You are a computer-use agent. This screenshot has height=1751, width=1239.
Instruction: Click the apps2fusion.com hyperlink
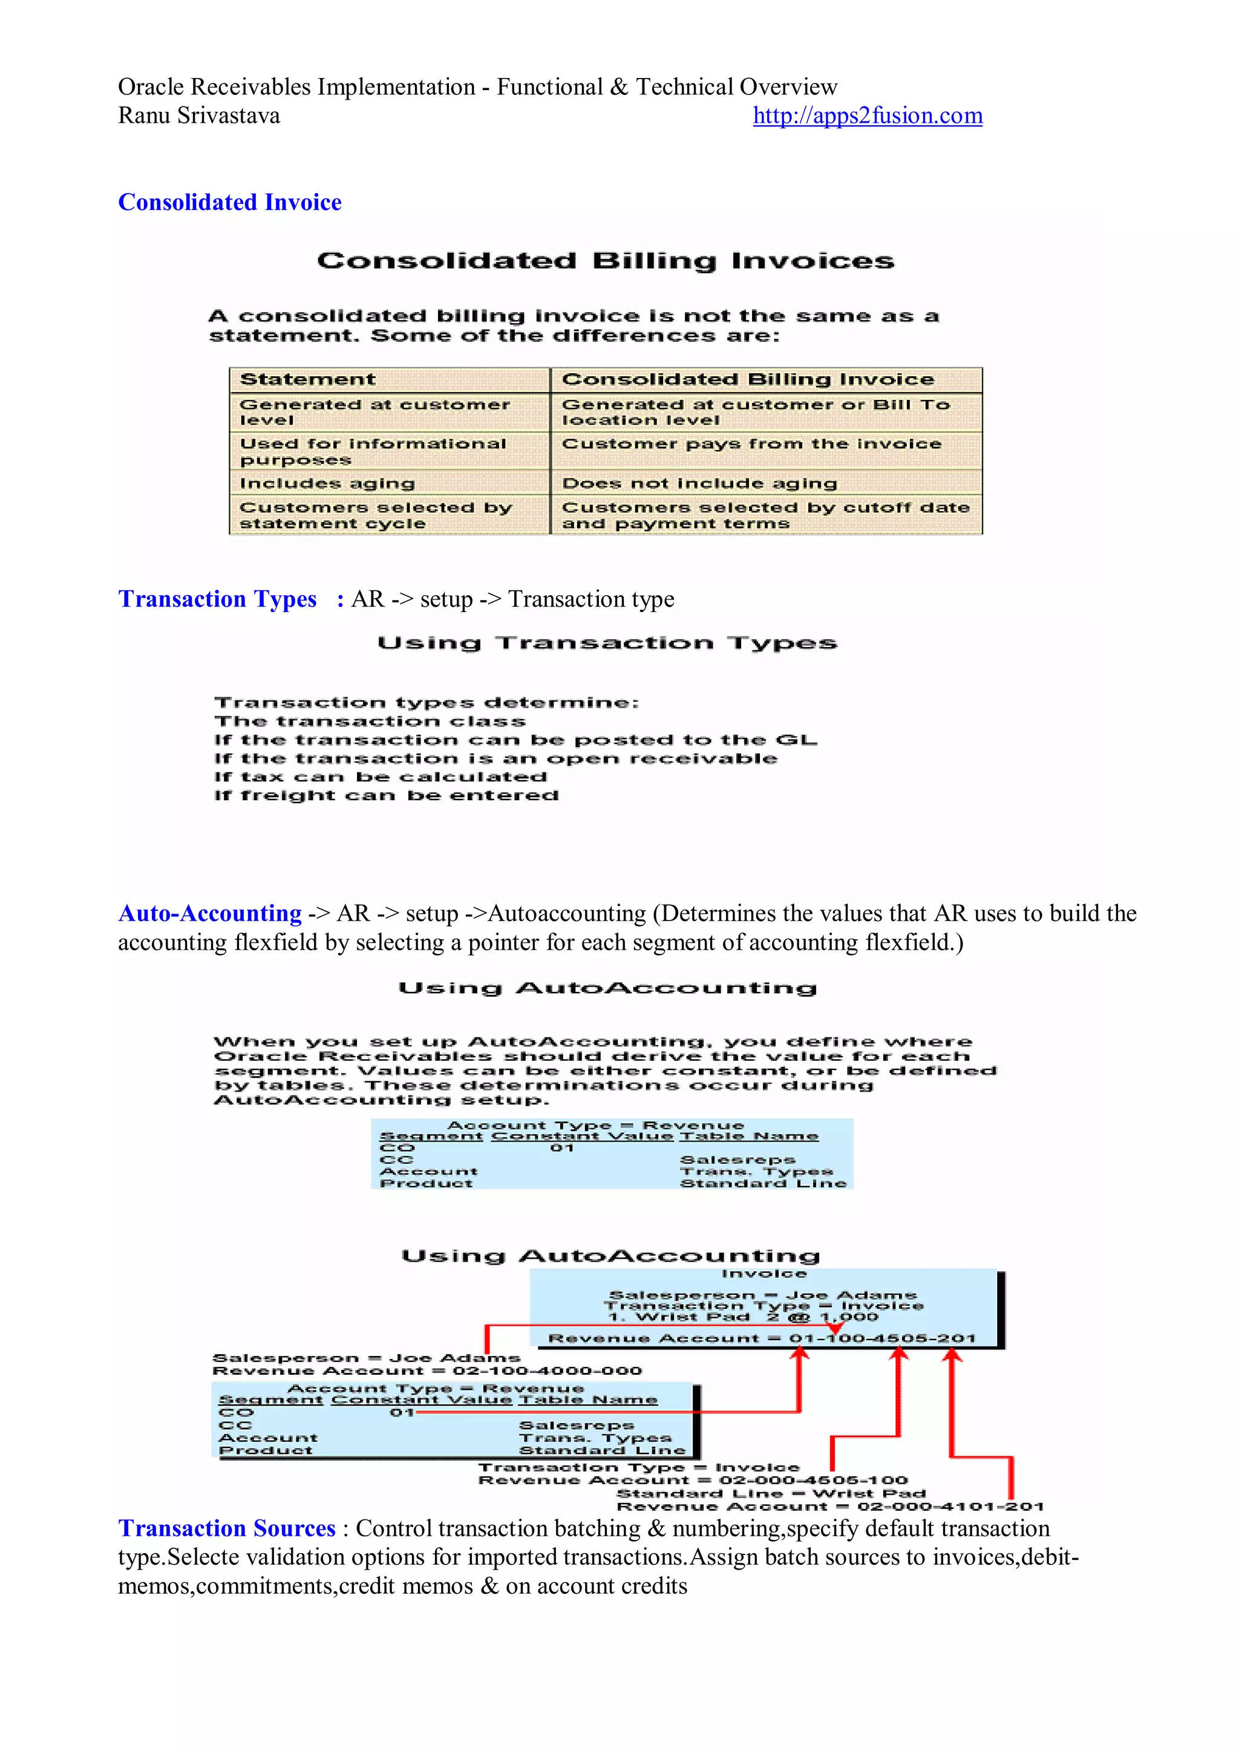(867, 116)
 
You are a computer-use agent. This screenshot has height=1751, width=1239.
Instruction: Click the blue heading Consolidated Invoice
(230, 202)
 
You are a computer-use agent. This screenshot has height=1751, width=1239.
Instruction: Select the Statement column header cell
(307, 380)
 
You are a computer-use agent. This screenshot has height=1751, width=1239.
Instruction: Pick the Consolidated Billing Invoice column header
(748, 380)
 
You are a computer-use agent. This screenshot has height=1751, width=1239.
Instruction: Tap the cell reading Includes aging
(327, 483)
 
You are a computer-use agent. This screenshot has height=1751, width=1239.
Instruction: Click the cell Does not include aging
(699, 483)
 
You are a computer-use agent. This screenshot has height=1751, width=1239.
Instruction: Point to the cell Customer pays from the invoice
(751, 444)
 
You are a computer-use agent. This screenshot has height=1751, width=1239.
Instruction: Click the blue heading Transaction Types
(217, 599)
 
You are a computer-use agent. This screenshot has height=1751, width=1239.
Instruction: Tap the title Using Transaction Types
(607, 644)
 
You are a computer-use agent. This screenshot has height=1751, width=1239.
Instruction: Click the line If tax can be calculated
(380, 777)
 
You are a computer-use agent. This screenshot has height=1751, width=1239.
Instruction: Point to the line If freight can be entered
(386, 795)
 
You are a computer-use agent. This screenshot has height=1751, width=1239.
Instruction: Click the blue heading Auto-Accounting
(210, 914)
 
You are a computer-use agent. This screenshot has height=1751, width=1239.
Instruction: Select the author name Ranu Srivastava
(198, 116)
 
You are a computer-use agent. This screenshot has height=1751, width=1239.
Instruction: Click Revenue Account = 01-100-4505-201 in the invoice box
(762, 1339)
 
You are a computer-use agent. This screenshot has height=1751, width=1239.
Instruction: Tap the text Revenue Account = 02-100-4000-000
(427, 1371)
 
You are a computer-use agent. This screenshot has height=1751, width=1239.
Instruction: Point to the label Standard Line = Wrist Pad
(771, 1493)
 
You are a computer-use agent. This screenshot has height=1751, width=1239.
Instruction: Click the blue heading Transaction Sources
(227, 1528)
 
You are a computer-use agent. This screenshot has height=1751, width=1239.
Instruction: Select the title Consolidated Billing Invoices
(606, 261)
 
